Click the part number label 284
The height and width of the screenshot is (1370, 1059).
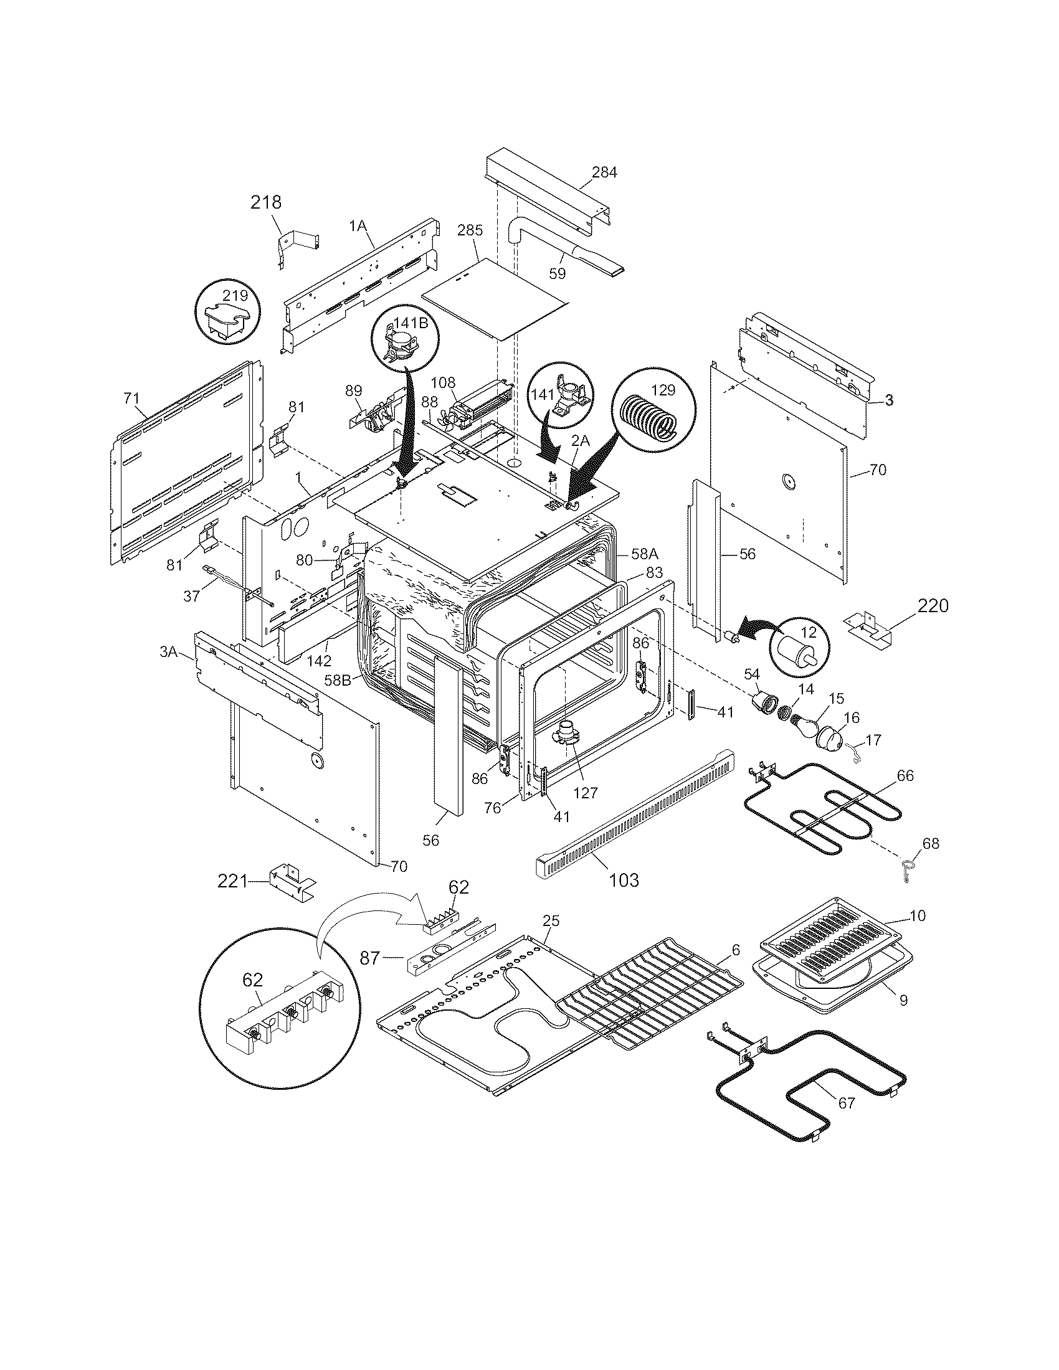pos(604,172)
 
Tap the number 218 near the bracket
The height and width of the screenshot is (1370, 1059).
pos(266,202)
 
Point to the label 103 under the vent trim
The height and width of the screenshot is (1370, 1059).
pos(624,880)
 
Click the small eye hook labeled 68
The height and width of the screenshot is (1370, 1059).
pos(907,871)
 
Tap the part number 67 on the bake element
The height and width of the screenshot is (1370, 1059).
pos(847,1102)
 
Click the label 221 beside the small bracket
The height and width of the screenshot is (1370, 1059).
pos(233,881)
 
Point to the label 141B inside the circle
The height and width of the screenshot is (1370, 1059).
pos(411,323)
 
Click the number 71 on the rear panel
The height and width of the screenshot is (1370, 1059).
pos(131,398)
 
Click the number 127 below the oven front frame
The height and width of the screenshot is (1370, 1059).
pos(586,793)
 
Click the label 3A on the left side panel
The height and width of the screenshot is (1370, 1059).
pos(169,652)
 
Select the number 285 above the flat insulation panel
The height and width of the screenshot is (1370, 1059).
pos(470,230)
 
